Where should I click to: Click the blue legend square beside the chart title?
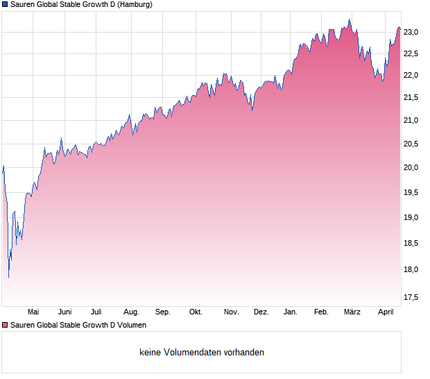click(5, 4)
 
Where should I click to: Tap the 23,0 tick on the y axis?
click(411, 32)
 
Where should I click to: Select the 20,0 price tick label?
click(411, 167)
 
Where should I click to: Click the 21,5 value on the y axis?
click(411, 98)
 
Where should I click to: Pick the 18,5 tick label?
click(411, 243)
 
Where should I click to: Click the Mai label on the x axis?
click(33, 312)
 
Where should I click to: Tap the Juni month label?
click(65, 312)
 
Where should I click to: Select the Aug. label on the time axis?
click(131, 312)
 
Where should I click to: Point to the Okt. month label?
click(196, 312)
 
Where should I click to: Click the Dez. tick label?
click(261, 312)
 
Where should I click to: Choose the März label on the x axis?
click(352, 312)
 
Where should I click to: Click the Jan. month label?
click(291, 312)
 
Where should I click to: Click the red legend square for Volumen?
click(5, 325)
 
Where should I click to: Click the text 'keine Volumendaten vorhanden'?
click(202, 353)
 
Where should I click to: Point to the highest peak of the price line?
click(350, 19)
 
